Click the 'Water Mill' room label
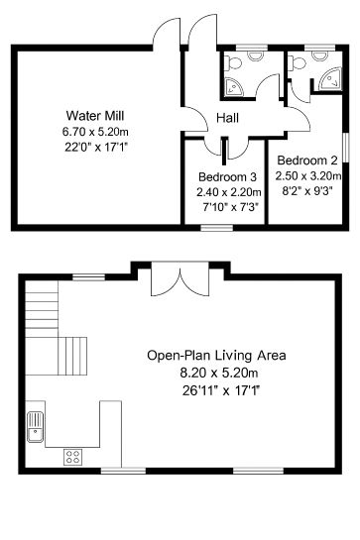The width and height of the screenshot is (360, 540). [88, 114]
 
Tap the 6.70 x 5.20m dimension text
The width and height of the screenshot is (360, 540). [88, 130]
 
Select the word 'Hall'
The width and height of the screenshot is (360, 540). [227, 119]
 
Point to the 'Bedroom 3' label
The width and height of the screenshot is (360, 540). [227, 177]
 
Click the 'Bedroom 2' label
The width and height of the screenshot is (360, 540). [306, 161]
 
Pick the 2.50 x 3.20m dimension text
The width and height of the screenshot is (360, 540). [306, 176]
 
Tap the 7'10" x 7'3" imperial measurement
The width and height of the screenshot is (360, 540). [227, 209]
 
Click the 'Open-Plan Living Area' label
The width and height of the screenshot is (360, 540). [216, 355]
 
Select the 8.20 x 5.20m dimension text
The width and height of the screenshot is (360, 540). [216, 373]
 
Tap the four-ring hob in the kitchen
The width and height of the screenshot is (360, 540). [73, 456]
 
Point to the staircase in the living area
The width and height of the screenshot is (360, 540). [58, 332]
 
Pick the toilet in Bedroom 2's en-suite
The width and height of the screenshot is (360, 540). [296, 62]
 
